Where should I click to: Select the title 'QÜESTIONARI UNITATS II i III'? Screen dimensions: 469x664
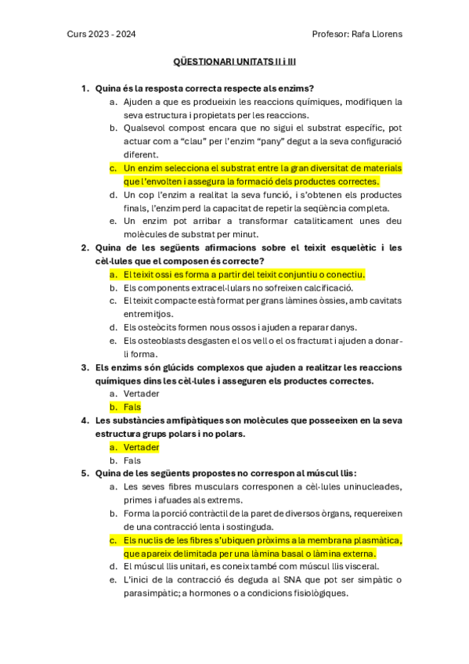(233, 61)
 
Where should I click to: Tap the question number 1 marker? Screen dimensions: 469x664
(85, 88)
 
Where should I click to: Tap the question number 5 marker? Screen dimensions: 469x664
(85, 474)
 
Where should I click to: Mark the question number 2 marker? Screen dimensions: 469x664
(85, 247)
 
